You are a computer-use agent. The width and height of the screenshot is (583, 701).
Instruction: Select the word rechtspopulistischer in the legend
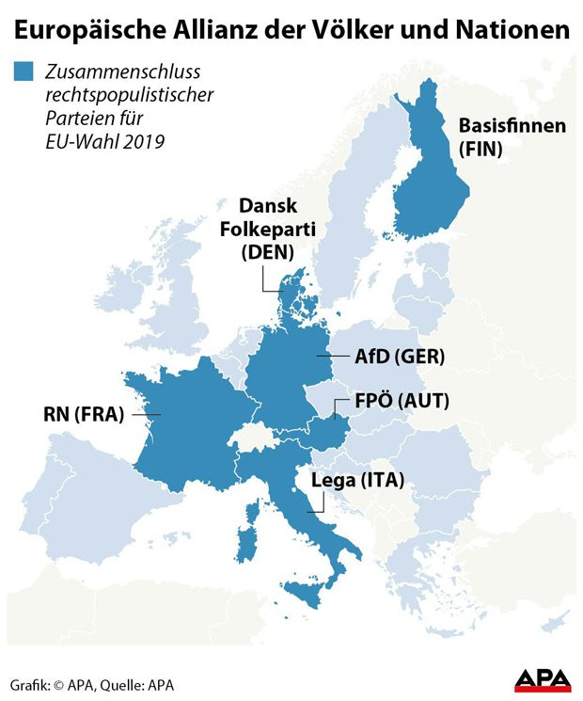point(130,96)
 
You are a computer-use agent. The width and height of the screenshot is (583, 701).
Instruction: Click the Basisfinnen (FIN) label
point(512,137)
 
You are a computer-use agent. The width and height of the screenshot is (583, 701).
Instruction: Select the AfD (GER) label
point(400,358)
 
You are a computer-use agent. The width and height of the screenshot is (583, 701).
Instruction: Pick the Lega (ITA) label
point(357,481)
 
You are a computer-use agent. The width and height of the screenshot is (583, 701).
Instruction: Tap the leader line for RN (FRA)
point(147,414)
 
